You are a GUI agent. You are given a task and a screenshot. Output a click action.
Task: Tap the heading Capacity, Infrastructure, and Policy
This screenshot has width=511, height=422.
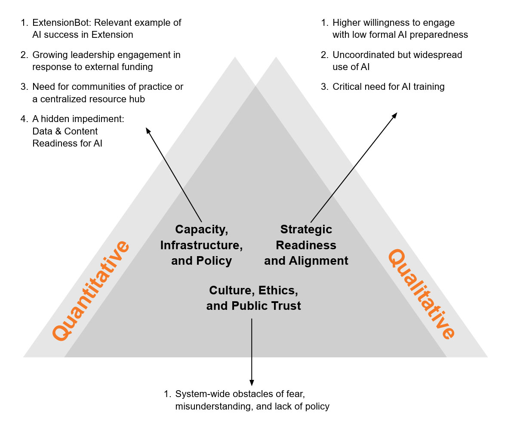coord(201,245)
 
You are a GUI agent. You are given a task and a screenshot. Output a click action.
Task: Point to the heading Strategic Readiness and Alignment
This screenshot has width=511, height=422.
coord(306,245)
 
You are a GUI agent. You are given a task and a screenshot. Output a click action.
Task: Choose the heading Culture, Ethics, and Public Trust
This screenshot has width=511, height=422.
coord(253,298)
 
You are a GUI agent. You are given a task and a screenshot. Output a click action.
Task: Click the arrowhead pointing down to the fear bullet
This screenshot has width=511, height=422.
coord(252,382)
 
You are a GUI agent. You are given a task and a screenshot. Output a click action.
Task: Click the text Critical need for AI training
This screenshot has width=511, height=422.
coord(388,87)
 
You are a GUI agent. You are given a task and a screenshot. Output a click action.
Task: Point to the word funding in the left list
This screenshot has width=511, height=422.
coord(138,67)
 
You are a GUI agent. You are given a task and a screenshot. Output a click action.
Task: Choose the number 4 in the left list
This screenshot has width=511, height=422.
coord(24,119)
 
